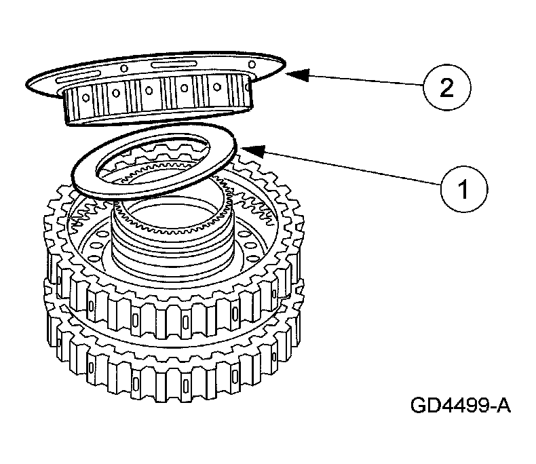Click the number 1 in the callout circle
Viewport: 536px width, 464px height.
[x=463, y=187]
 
